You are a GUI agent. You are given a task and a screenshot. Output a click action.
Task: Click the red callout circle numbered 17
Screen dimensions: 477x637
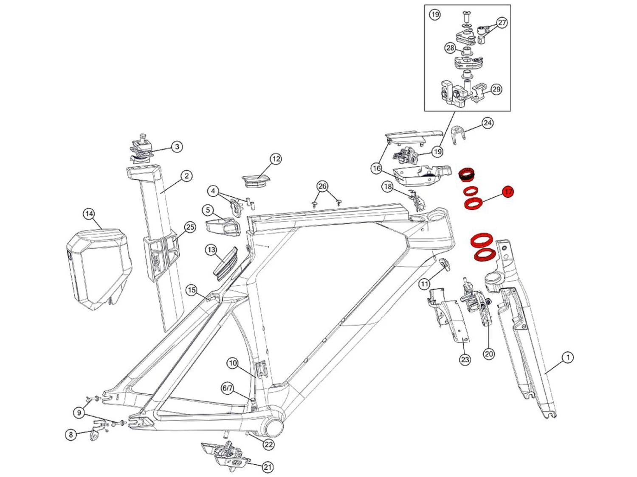tap(508, 192)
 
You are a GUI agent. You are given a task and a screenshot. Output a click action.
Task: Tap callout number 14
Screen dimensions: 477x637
tap(89, 214)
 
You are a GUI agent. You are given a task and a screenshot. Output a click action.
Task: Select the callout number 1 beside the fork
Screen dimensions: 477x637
tap(568, 357)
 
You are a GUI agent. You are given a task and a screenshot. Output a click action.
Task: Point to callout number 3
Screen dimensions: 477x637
tap(177, 147)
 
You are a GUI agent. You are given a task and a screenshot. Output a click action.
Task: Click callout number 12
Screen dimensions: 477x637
tap(276, 159)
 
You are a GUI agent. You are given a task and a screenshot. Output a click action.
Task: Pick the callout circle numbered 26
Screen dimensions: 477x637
tap(322, 187)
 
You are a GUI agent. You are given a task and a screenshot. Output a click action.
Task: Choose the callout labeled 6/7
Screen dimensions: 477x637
tap(228, 388)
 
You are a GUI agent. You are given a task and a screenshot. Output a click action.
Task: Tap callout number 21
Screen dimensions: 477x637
tap(267, 467)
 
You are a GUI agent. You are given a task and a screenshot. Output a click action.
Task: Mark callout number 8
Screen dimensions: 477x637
tap(71, 435)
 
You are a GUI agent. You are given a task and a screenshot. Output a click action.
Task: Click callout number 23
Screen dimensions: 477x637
tap(465, 360)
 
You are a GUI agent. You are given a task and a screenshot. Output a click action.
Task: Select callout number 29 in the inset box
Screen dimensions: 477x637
tap(496, 89)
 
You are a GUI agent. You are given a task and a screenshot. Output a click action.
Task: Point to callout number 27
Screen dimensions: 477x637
tap(502, 22)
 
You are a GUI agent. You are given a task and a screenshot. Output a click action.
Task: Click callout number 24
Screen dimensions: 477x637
tap(487, 123)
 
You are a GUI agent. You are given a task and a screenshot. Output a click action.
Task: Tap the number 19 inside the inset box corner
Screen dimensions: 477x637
tap(435, 14)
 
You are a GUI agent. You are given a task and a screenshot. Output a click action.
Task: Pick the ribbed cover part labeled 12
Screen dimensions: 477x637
tap(256, 179)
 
